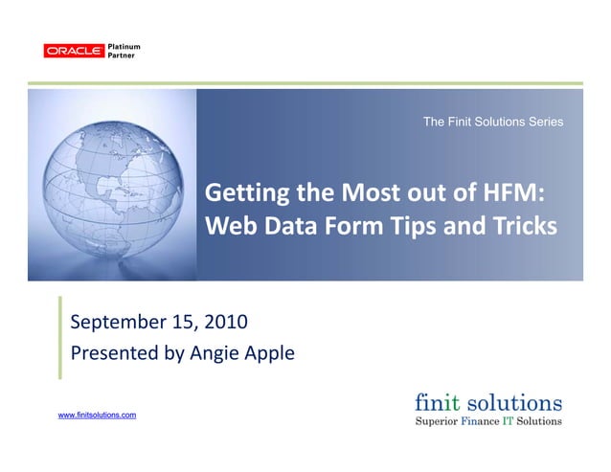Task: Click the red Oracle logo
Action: pos(74,51)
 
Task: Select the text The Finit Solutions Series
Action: pos(492,122)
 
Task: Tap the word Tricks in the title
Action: pos(522,228)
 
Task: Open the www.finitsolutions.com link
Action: pos(98,415)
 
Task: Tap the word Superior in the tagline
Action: pos(437,420)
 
